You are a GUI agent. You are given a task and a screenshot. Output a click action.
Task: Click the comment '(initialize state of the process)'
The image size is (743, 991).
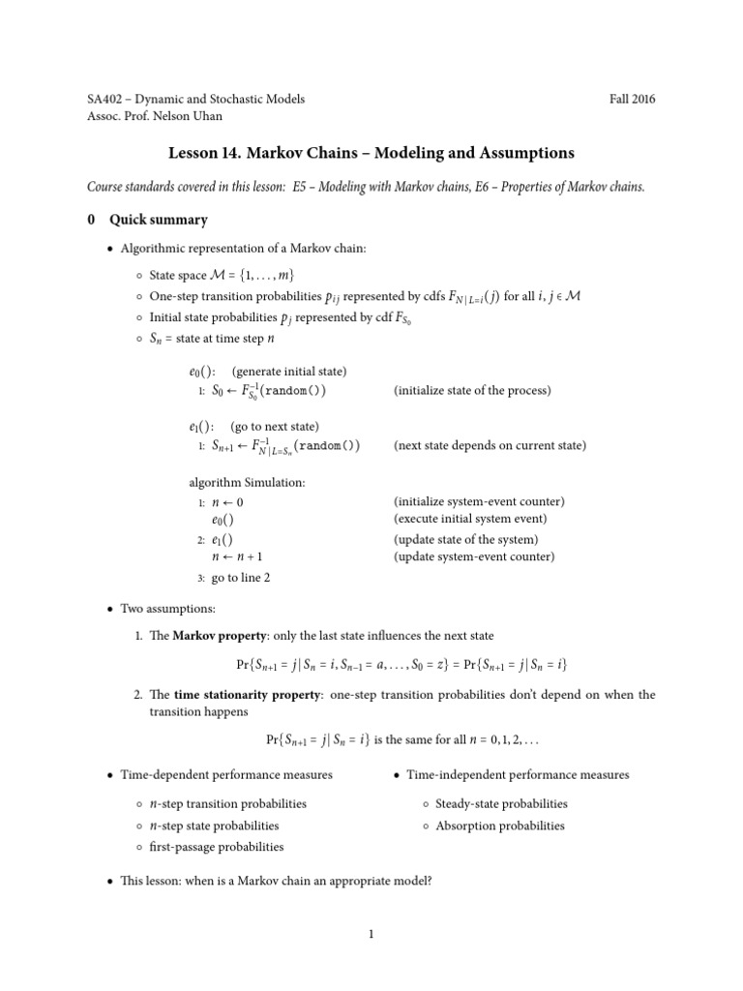pyautogui.click(x=472, y=391)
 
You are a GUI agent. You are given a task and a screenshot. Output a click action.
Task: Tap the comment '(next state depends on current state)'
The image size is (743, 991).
pyautogui.click(x=490, y=446)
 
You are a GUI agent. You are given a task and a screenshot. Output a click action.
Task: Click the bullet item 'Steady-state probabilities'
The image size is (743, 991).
pyautogui.click(x=501, y=804)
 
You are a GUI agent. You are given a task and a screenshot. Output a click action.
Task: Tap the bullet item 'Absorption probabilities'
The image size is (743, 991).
pyautogui.click(x=499, y=826)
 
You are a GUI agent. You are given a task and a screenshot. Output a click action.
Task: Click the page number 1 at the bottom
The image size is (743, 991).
pyautogui.click(x=371, y=934)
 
